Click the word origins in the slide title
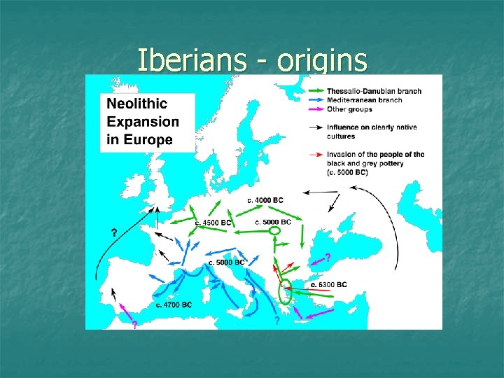(322, 61)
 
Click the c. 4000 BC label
(265, 200)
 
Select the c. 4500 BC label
(213, 223)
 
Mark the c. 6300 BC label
(328, 284)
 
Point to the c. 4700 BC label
(174, 305)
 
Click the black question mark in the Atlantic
(113, 232)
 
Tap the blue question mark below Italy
(277, 321)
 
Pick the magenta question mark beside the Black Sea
(328, 257)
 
